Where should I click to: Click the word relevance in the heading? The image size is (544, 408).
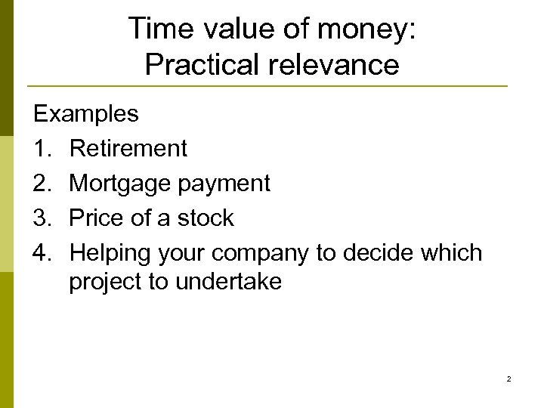(x=333, y=65)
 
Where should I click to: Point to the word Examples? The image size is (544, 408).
(x=85, y=114)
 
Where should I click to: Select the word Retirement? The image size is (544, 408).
(x=128, y=149)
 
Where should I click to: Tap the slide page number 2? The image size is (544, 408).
(x=508, y=379)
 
